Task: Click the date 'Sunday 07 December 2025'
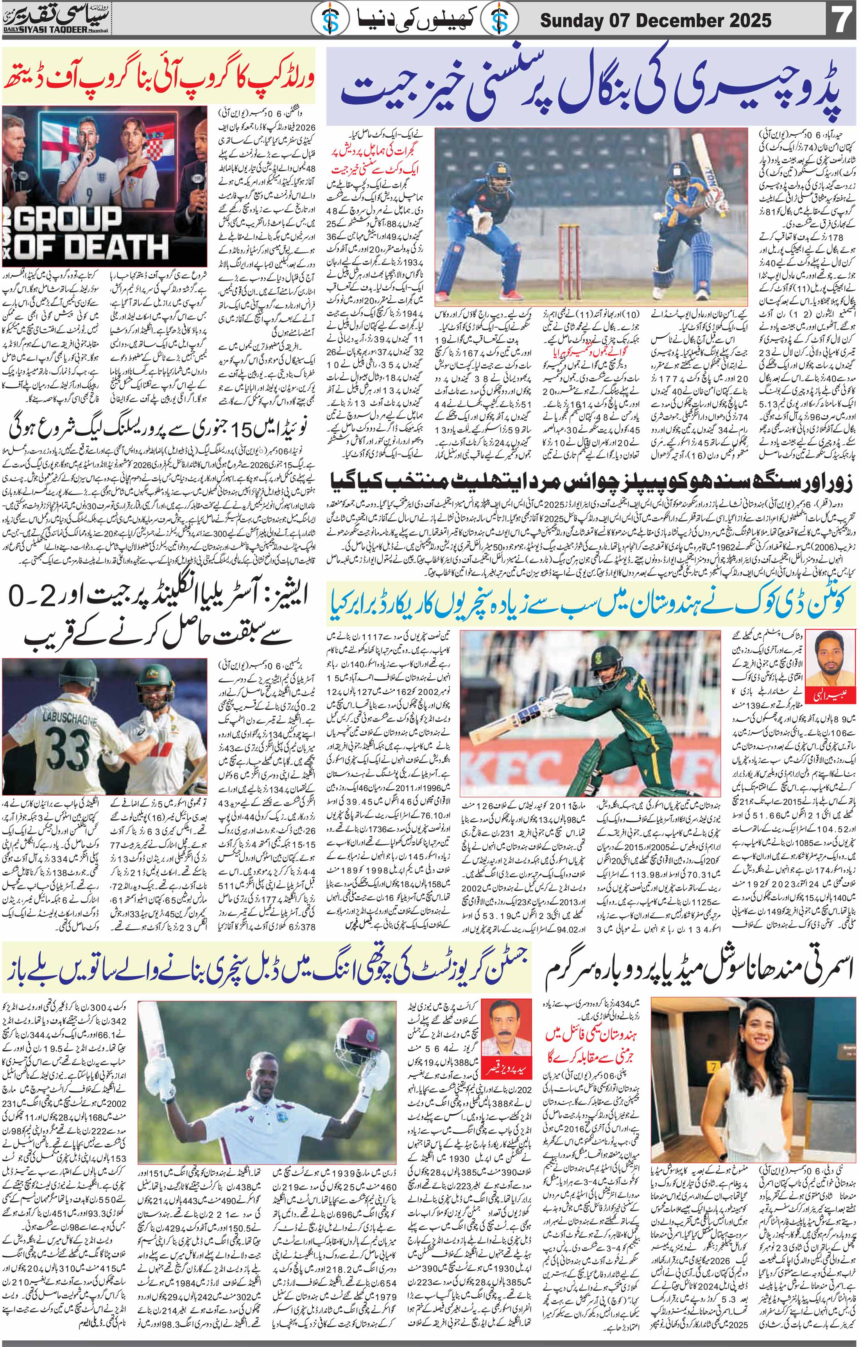656,21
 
